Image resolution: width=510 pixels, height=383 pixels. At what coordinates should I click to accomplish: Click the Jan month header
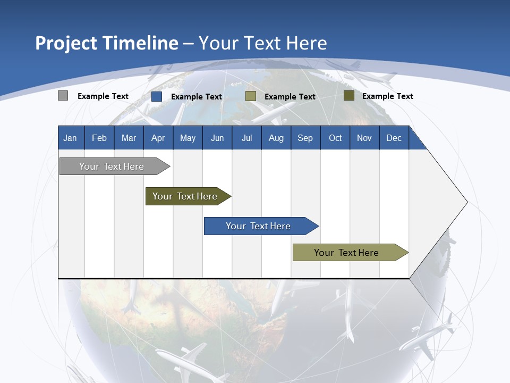[x=70, y=138]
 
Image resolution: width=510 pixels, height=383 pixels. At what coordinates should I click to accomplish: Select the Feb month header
[x=99, y=138]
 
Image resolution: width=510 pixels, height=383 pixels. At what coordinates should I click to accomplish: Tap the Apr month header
[x=158, y=138]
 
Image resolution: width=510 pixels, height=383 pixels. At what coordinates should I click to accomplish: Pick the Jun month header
[x=217, y=138]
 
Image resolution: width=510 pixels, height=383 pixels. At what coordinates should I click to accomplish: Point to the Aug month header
[x=276, y=138]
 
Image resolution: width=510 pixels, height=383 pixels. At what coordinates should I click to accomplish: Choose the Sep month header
[x=305, y=138]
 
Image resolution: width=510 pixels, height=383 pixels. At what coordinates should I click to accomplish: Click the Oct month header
[x=335, y=138]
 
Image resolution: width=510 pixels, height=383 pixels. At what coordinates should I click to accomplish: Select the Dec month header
[x=394, y=138]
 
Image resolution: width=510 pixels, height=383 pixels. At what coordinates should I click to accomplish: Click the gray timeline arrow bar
[x=112, y=166]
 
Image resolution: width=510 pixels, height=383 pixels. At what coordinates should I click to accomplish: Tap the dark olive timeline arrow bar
[x=185, y=196]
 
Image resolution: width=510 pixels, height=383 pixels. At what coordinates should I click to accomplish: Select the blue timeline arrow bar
[x=258, y=226]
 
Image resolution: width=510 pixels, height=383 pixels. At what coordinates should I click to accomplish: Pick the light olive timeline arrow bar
[x=346, y=253]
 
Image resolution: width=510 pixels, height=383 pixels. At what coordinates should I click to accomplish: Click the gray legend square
[x=63, y=96]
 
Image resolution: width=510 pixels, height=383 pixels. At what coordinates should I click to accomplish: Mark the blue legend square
[x=156, y=96]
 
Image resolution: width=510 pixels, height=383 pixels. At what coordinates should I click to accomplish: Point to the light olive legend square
[x=251, y=96]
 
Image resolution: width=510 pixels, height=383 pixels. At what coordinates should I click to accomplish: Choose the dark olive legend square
[x=348, y=96]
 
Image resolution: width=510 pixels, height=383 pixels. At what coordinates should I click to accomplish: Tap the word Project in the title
[x=66, y=43]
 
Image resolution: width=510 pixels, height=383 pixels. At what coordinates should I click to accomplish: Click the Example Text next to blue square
[x=197, y=97]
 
